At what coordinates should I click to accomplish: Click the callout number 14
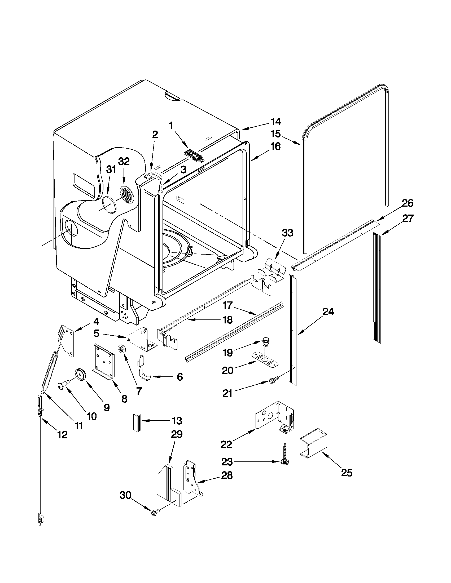[x=275, y=122]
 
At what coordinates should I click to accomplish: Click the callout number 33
[x=287, y=233]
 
